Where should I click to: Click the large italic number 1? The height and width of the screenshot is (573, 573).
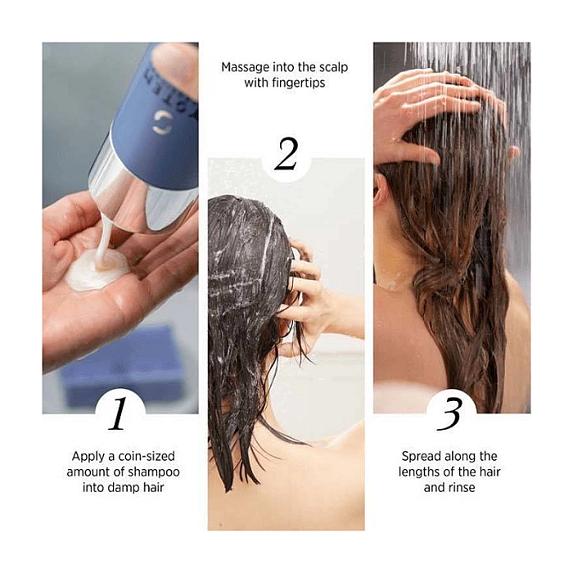click(118, 413)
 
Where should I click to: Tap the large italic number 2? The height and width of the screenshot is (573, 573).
click(286, 154)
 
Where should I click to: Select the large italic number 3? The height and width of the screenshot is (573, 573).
click(450, 414)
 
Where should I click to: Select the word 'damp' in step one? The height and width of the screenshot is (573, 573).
click(125, 488)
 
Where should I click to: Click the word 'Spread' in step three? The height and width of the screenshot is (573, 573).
click(422, 457)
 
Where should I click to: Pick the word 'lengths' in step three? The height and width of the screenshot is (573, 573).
click(419, 472)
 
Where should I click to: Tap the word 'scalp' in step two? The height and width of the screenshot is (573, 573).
click(333, 68)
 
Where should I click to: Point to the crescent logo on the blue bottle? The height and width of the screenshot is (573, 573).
click(162, 121)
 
